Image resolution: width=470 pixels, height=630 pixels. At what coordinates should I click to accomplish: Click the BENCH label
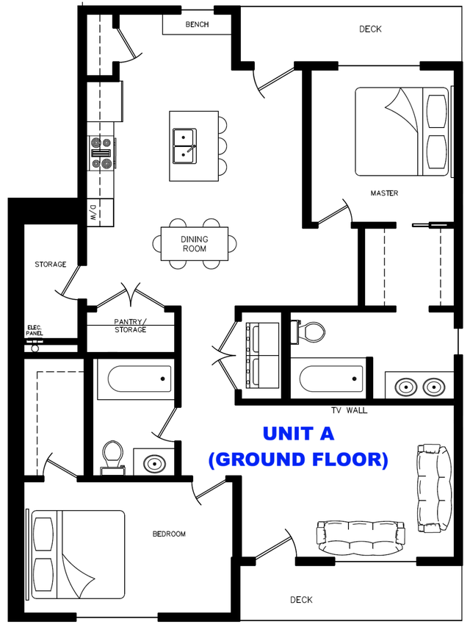coord(197,24)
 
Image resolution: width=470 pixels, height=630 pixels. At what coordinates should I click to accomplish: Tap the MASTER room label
coord(384,193)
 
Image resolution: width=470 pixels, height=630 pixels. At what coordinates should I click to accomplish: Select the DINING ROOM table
coord(195,243)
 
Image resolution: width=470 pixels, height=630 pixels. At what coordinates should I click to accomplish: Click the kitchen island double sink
coord(184,145)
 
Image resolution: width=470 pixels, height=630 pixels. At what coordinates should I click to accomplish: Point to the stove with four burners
coord(101,154)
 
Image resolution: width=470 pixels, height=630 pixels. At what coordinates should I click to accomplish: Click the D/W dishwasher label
coord(94,214)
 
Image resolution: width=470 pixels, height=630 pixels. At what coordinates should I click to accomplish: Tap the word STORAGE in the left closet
coord(51,265)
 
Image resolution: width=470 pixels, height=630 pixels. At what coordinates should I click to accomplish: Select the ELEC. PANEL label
coord(35,330)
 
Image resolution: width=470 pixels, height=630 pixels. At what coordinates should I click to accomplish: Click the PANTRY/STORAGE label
coord(130,326)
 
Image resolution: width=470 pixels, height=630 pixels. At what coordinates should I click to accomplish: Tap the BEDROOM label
coord(169,534)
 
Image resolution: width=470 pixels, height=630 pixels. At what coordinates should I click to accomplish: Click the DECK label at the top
coord(370,29)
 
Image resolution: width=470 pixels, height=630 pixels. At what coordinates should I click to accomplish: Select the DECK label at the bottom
coord(301,600)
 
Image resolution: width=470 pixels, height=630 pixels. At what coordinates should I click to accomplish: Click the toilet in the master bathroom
coord(311,332)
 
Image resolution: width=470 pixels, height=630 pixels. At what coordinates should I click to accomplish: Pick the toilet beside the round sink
coord(112,455)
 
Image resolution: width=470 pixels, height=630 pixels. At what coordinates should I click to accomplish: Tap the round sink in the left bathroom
coord(154,463)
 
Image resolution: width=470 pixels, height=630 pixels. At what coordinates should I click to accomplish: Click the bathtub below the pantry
coord(140,379)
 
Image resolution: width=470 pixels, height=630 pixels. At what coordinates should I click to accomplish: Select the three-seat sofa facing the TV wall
coord(361,534)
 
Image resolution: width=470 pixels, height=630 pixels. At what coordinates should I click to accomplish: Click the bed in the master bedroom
coord(402,132)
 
